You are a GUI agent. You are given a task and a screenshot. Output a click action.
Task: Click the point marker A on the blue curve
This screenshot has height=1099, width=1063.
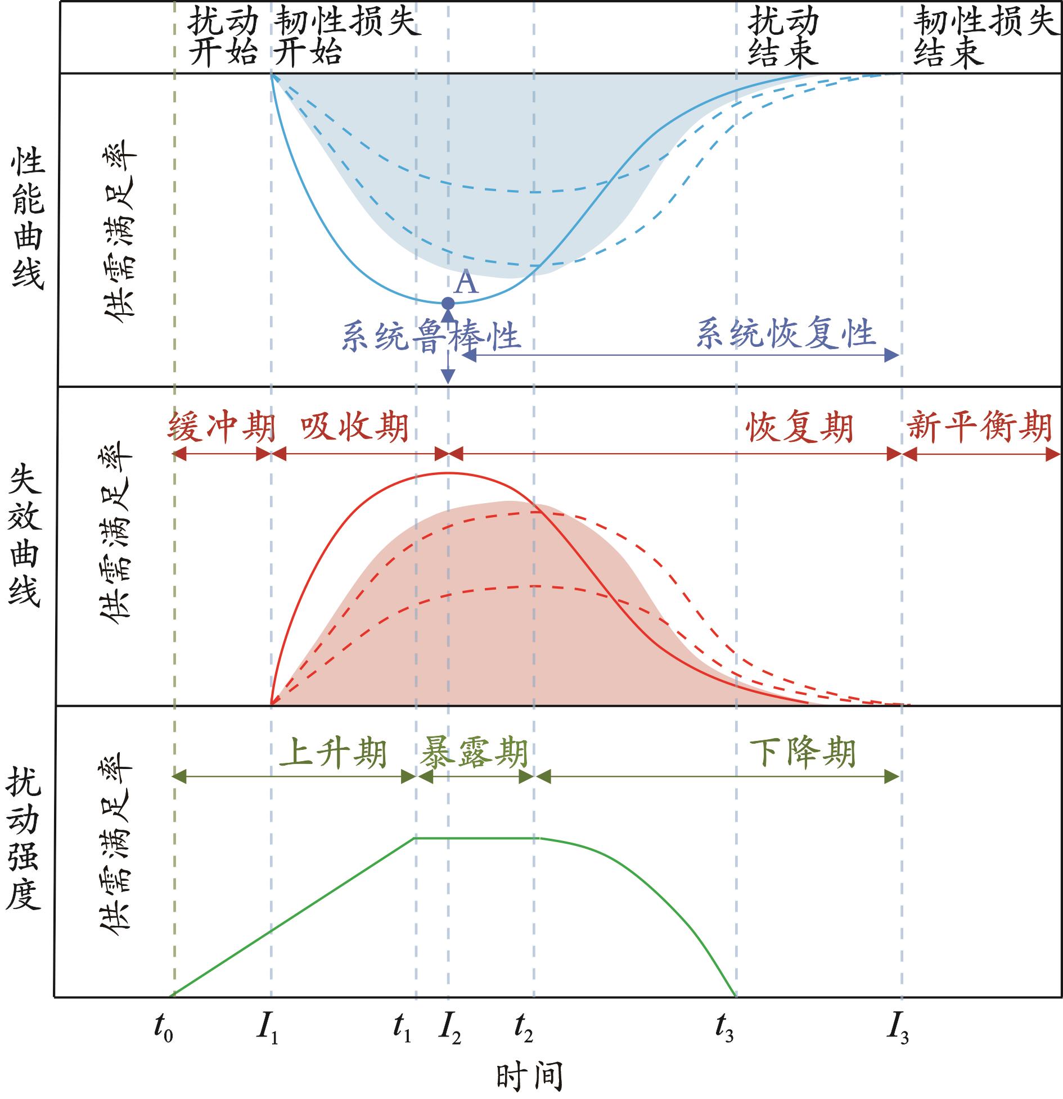(x=448, y=304)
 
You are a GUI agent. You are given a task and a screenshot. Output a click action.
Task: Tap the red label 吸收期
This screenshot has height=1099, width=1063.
(x=354, y=428)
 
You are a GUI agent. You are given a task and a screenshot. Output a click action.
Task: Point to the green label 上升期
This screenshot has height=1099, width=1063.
(x=333, y=753)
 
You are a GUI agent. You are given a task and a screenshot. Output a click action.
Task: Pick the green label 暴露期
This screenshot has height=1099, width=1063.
(x=474, y=753)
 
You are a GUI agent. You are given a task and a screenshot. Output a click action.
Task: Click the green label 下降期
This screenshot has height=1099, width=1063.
(x=803, y=753)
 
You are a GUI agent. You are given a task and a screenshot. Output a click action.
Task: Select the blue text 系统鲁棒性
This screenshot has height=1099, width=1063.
(x=430, y=337)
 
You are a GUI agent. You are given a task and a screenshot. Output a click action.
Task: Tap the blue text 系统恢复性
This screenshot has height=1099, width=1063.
(x=786, y=333)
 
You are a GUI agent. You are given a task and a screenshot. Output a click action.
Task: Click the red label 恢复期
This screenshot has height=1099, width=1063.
(x=800, y=428)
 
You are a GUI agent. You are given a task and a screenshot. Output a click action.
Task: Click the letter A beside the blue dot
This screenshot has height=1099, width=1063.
(x=466, y=283)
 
